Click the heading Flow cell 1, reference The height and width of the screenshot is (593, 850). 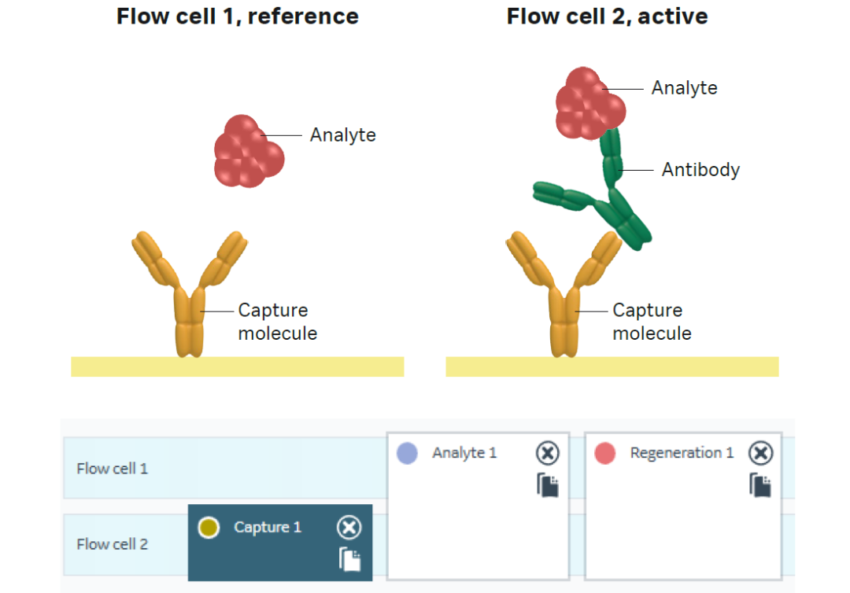237,17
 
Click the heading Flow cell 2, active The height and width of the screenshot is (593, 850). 607,17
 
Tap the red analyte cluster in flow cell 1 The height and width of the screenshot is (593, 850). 248,152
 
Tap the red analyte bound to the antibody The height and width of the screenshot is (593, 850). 589,101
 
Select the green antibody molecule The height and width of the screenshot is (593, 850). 606,196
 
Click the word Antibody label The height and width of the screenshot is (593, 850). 700,170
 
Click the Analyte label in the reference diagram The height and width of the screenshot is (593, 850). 342,135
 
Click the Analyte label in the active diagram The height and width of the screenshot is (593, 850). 684,88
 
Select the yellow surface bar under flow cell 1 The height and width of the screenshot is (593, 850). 237,366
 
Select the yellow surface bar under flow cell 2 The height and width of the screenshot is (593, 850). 612,366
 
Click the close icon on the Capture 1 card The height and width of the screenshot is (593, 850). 349,528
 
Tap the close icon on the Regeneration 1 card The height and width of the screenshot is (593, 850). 760,453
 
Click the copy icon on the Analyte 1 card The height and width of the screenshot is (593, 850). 548,485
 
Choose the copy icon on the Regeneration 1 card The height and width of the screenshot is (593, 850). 760,485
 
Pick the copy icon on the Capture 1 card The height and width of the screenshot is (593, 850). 350,558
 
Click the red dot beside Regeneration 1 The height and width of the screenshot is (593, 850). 604,453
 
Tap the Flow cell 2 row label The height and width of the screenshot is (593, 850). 112,544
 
